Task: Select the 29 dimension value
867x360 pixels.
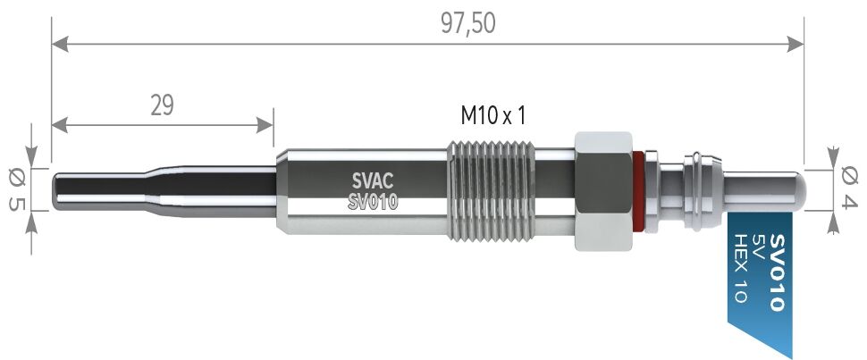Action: (162, 105)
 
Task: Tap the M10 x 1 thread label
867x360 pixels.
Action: (492, 115)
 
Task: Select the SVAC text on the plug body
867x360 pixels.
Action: (372, 180)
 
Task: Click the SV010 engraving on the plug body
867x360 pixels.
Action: (372, 202)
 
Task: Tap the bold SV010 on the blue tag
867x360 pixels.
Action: (776, 272)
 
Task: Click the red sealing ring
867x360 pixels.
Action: (638, 189)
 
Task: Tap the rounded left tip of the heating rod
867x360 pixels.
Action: (56, 189)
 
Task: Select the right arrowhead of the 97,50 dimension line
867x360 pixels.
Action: (797, 42)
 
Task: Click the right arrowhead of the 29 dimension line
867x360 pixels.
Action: (267, 124)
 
